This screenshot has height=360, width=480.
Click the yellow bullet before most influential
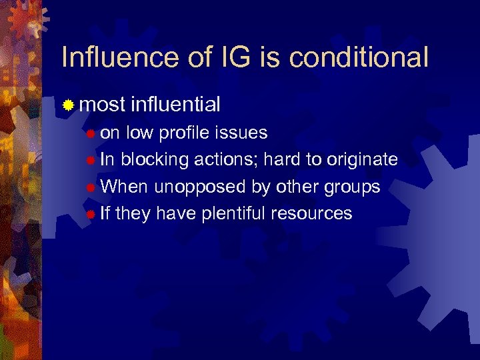68,105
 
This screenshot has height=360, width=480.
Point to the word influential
176,104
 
